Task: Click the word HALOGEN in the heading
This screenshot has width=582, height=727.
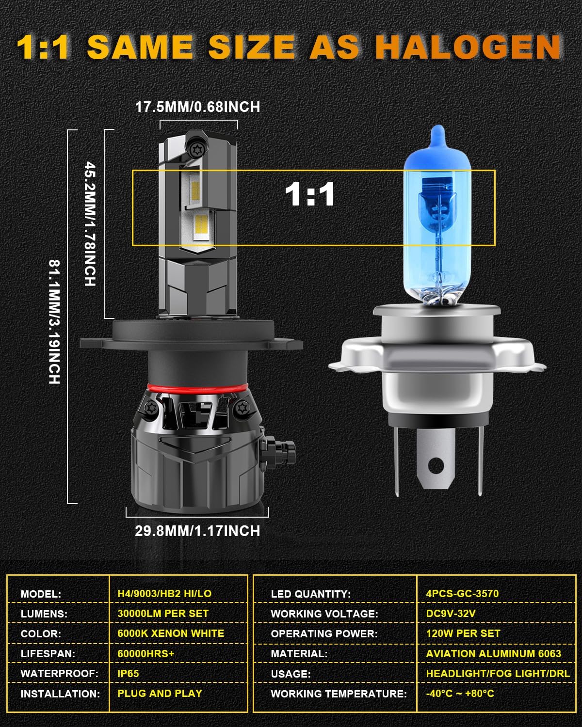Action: [x=469, y=47]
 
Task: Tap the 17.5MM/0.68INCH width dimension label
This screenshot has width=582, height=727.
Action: [x=198, y=107]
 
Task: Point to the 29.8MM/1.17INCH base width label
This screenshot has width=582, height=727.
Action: [x=197, y=531]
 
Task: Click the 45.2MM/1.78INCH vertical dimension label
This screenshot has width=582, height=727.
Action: [x=90, y=223]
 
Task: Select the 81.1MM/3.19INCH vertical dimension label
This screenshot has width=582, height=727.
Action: [x=55, y=322]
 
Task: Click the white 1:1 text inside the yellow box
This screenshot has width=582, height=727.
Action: [x=310, y=194]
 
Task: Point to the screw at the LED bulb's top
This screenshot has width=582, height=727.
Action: [x=195, y=149]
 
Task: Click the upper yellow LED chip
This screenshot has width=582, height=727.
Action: [x=195, y=190]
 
